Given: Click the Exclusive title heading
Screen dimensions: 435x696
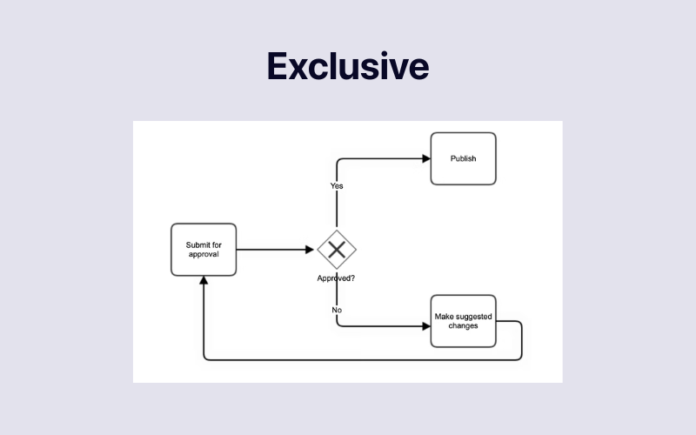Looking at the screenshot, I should (347, 67).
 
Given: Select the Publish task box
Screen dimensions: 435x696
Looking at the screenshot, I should (463, 158).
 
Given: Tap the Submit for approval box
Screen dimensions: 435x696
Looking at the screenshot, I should (204, 250).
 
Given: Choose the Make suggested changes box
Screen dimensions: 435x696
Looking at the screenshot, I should (463, 321).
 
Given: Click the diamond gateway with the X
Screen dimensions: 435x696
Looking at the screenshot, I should (337, 250).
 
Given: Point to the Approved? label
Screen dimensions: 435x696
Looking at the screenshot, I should (335, 278).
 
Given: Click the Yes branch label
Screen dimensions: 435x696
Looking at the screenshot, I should (337, 186).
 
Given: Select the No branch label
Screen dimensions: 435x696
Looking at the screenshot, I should (337, 310).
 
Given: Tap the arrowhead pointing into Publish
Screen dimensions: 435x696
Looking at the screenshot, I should (426, 158).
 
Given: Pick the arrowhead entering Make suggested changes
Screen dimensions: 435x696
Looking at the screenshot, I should (426, 326).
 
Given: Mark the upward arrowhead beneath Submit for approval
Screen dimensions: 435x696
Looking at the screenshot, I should (204, 281).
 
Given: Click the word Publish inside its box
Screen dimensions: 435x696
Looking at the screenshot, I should (463, 158).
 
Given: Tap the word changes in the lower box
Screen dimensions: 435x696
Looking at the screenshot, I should (464, 326).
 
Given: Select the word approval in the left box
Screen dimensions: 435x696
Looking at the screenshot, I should (204, 255).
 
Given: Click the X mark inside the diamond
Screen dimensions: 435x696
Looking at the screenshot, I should (337, 250).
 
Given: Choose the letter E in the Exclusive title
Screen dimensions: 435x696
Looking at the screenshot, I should (278, 67).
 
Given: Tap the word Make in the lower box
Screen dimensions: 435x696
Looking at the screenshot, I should (444, 316).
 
